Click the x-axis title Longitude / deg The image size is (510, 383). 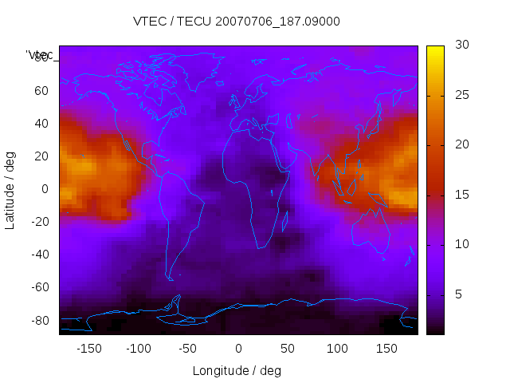pyautogui.click(x=237, y=370)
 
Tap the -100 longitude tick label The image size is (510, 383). pyautogui.click(x=139, y=348)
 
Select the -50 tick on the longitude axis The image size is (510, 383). pyautogui.click(x=189, y=348)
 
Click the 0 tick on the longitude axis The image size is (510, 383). pyautogui.click(x=238, y=348)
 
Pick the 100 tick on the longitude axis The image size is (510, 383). pyautogui.click(x=337, y=348)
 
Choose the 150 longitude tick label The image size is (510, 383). pyautogui.click(x=386, y=348)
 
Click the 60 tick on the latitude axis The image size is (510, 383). pyautogui.click(x=41, y=91)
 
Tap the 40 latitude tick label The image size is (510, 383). pyautogui.click(x=41, y=124)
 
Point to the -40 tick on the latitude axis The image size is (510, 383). pyautogui.click(x=39, y=255)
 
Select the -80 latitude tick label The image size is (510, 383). pyautogui.click(x=39, y=320)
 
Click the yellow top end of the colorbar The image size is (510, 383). pyautogui.click(x=435, y=49)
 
